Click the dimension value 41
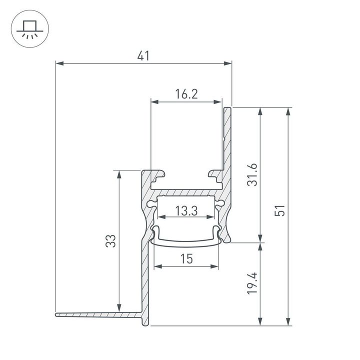[143, 56]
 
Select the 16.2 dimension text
[186, 94]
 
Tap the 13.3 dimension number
[186, 211]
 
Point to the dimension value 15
[186, 258]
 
